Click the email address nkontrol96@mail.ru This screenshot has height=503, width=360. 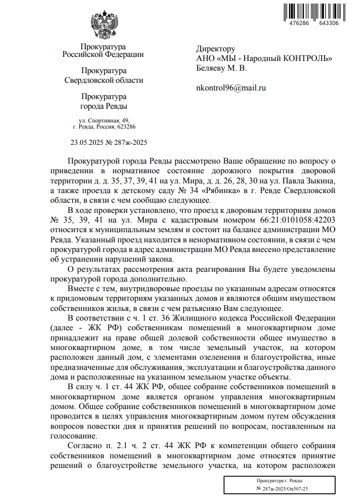pyautogui.click(x=231, y=87)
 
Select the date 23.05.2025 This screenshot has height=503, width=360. pyautogui.click(x=87, y=143)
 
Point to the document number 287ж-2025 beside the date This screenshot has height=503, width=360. pyautogui.click(x=129, y=143)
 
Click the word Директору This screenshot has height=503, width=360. pyautogui.click(x=216, y=49)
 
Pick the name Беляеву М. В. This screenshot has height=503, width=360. pyautogui.click(x=221, y=68)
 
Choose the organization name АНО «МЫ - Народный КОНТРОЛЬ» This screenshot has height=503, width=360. pyautogui.click(x=264, y=58)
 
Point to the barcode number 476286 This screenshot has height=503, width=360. pyautogui.click(x=298, y=23)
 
